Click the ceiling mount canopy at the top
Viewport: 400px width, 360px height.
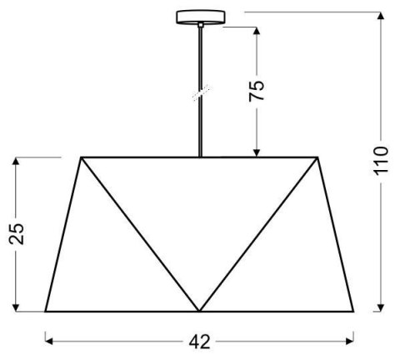click(x=200, y=17)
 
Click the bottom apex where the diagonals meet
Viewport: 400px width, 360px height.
click(x=200, y=311)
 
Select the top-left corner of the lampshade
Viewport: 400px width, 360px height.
click(x=81, y=157)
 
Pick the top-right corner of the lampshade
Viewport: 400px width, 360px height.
click(x=319, y=157)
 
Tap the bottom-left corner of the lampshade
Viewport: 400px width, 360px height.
click(x=45, y=311)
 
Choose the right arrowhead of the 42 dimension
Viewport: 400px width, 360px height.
click(x=352, y=341)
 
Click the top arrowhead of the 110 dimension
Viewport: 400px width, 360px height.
click(x=381, y=16)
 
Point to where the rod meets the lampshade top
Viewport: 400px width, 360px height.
click(x=200, y=156)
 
